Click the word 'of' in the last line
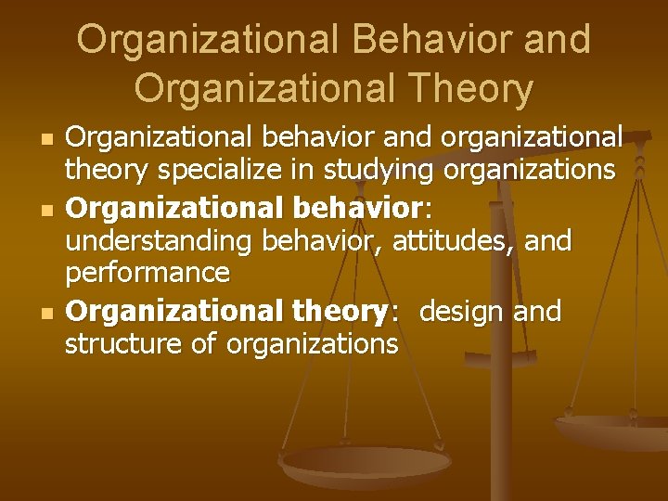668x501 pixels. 199,345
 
